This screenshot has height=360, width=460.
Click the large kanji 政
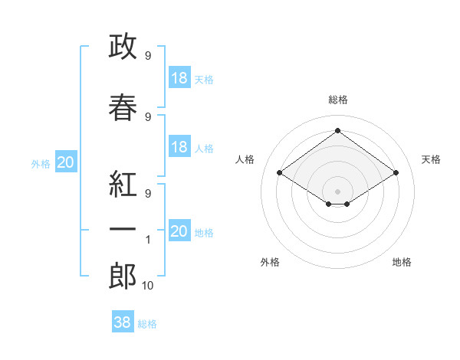(123, 46)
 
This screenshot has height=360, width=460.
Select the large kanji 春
(123, 107)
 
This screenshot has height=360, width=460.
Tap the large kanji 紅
(123, 184)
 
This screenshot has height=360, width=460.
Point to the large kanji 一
(123, 229)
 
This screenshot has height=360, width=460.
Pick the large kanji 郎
(123, 276)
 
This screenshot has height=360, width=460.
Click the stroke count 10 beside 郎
(147, 286)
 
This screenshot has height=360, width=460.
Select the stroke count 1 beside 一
(148, 240)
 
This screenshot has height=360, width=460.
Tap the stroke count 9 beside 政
(148, 56)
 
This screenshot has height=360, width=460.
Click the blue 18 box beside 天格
(179, 77)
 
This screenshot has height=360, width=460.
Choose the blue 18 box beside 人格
(179, 146)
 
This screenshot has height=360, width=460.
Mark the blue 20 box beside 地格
(179, 230)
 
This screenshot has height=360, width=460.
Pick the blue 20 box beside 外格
(66, 162)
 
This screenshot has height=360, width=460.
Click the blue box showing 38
(123, 321)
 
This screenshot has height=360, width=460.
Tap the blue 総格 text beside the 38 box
(147, 324)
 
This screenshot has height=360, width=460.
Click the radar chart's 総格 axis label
(338, 100)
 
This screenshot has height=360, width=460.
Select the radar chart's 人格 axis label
(245, 159)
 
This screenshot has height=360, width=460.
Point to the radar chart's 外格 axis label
(270, 262)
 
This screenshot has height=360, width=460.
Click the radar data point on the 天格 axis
(396, 172)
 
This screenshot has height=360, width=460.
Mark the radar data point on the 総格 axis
(337, 130)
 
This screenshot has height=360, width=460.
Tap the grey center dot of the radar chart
(337, 191)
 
